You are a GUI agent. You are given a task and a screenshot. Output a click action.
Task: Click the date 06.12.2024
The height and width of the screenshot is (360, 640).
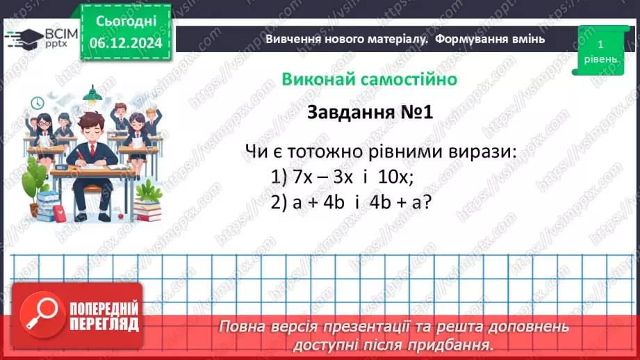[x=126, y=42]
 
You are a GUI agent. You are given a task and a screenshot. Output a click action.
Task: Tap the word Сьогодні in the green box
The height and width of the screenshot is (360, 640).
[x=126, y=21]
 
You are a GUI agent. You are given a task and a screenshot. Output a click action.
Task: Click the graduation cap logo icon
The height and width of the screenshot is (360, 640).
[x=22, y=37]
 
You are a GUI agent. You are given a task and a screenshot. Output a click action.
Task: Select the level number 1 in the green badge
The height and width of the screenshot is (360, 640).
[x=599, y=44]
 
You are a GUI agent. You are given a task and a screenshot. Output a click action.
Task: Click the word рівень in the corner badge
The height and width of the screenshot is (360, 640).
[x=600, y=59]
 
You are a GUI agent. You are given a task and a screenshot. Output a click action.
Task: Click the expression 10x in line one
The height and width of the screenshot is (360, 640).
[x=396, y=177]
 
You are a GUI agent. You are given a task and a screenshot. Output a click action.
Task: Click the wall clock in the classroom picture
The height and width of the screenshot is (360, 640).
[x=37, y=104]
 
